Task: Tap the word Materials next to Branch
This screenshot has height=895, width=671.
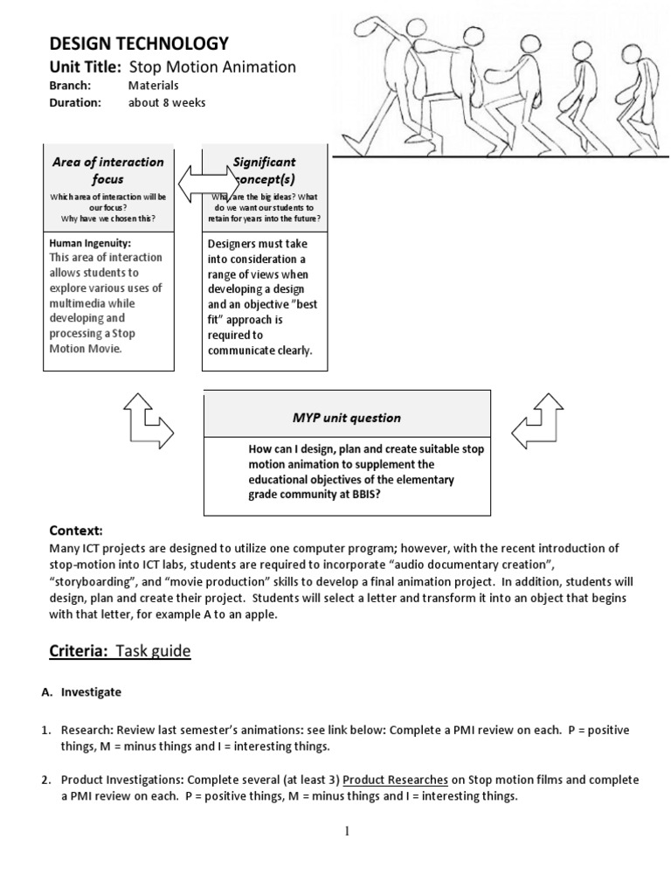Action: coord(153,86)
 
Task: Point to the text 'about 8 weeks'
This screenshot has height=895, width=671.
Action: coord(167,102)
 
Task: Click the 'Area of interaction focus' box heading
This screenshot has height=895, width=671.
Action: coord(108,170)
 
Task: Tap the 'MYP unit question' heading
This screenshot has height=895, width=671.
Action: coord(347,418)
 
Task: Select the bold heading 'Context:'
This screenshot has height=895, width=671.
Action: coord(76,531)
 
